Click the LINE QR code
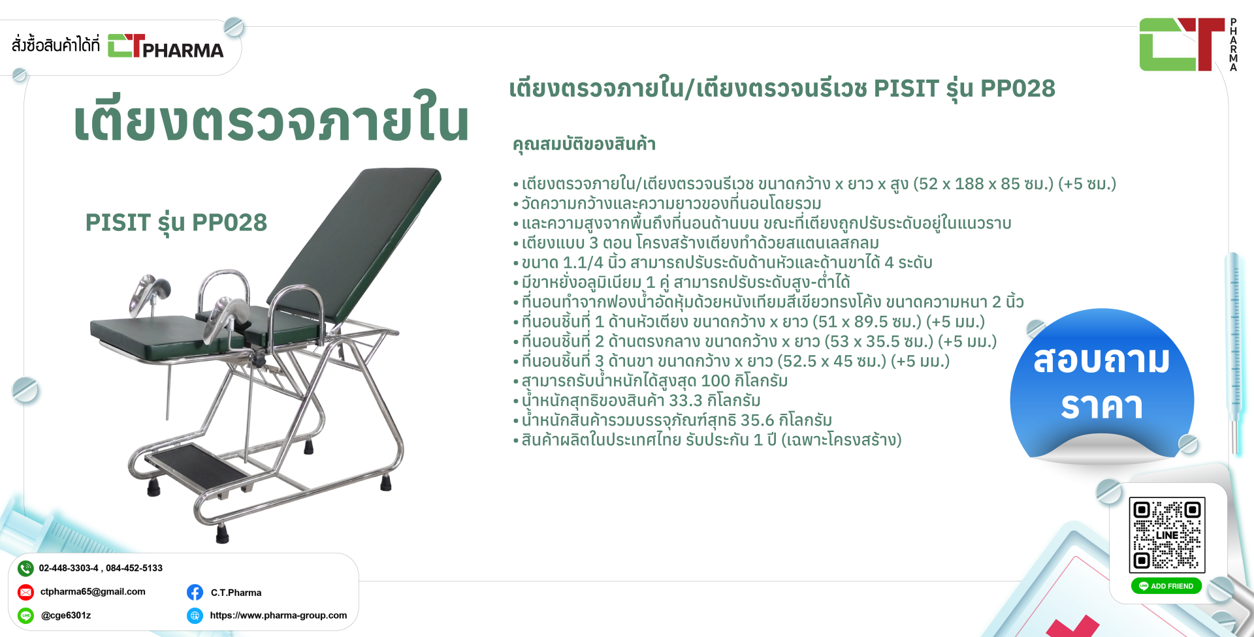1166,535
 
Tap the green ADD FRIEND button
1166,586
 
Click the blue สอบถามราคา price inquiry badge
1102,385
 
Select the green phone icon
25,568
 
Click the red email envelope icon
25,592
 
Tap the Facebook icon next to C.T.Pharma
195,592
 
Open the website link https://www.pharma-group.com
278,615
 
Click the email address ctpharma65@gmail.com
93,592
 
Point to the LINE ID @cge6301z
66,615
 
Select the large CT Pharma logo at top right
1188,44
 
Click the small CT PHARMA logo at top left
165,46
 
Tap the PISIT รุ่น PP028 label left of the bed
176,223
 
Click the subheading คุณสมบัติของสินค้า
584,144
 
